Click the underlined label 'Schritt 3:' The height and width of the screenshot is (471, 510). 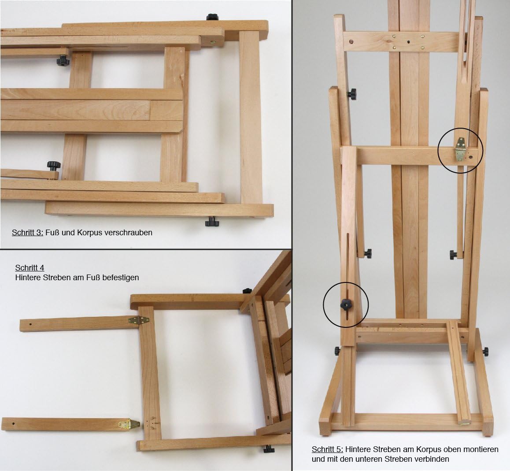click(28, 233)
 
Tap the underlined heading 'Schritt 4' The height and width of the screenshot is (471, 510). click(30, 268)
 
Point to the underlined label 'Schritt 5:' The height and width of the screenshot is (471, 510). click(328, 449)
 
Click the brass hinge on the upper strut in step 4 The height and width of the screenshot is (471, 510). click(139, 321)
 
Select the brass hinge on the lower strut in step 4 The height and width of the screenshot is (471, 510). click(129, 424)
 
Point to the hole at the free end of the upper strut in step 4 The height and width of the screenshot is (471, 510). click(30, 325)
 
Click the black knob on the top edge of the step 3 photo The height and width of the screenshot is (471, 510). click(212, 17)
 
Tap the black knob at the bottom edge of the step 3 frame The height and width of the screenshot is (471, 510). click(212, 223)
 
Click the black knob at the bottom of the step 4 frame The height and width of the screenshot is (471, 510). click(269, 449)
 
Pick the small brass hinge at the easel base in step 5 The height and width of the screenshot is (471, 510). click(465, 423)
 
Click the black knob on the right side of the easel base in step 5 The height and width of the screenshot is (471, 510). click(485, 352)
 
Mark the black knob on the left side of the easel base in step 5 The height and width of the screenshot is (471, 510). click(337, 351)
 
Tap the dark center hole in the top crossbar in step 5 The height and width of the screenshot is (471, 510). click(409, 42)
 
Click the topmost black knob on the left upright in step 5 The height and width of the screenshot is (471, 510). click(351, 94)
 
